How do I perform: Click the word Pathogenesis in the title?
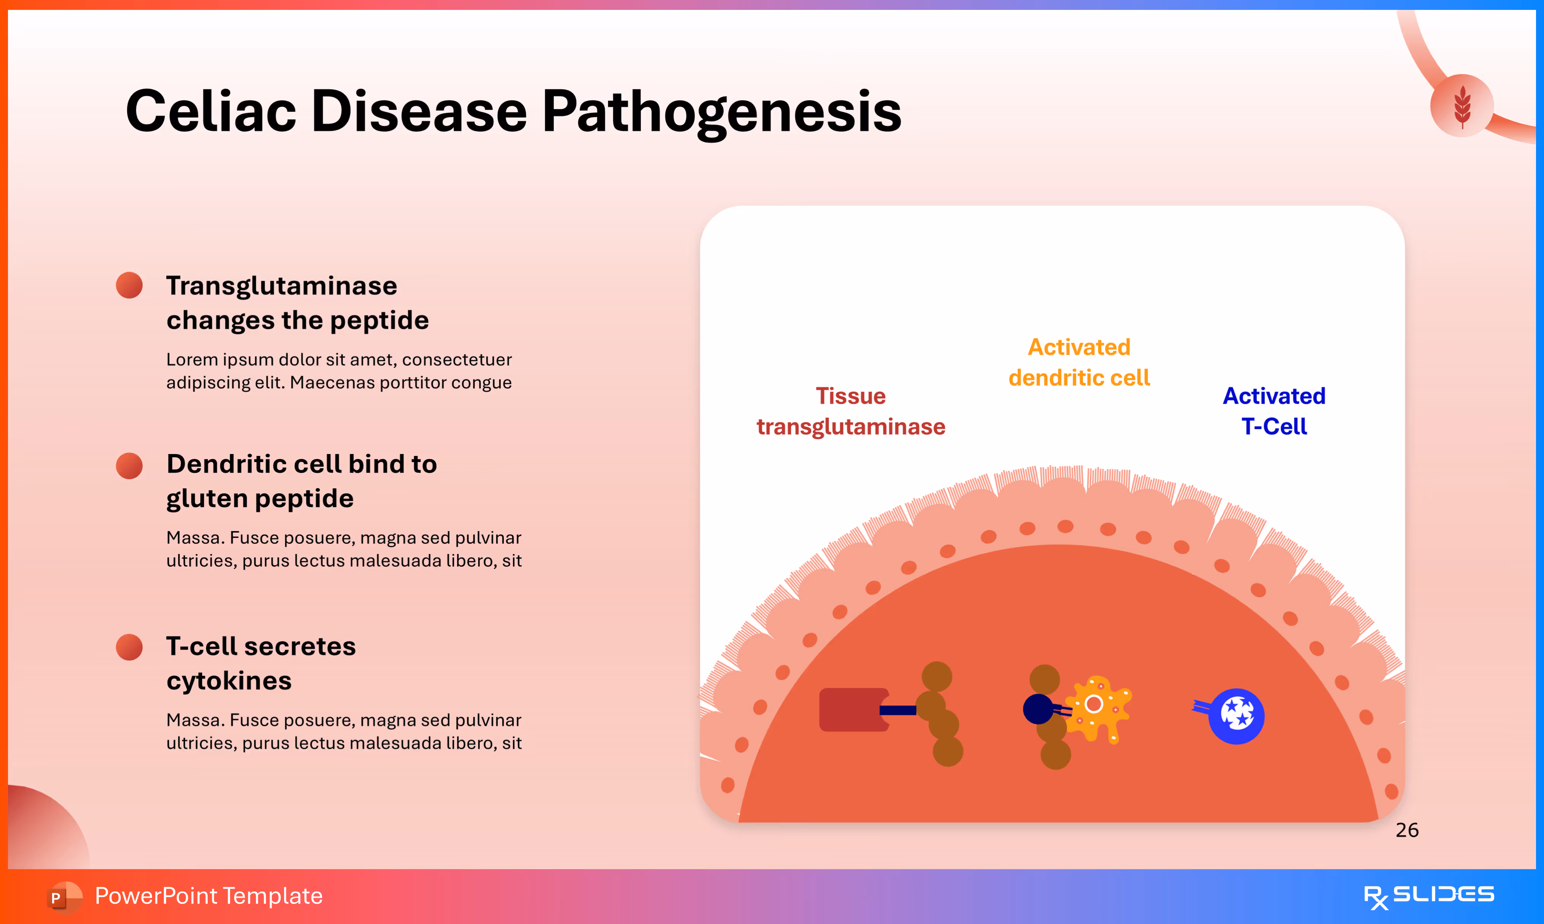tap(721, 112)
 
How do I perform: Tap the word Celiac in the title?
tap(210, 112)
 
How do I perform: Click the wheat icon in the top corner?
tap(1462, 106)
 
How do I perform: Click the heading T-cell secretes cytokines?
tap(261, 663)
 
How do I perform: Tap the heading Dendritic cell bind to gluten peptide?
tap(301, 481)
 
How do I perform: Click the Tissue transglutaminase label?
tap(850, 411)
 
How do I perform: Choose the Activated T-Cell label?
tap(1274, 411)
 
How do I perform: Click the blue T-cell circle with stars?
tap(1236, 716)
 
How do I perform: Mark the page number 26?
tap(1406, 830)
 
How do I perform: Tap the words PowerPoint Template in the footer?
tap(208, 896)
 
